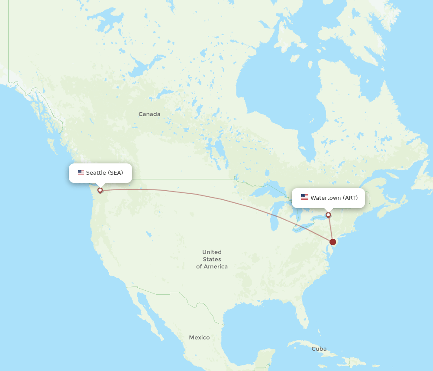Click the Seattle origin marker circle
coord(100,190)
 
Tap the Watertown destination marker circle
coord(328,215)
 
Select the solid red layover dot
coord(333,242)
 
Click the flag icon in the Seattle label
coord(81,172)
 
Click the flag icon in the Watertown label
coord(304,198)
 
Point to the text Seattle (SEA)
coord(104,172)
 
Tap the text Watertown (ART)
coord(334,198)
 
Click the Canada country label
coord(149,114)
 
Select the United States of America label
coord(212,259)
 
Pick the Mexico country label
coord(199,337)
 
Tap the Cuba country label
coord(319,348)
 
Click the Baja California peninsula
coord(147,312)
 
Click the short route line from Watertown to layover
coord(330,228)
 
